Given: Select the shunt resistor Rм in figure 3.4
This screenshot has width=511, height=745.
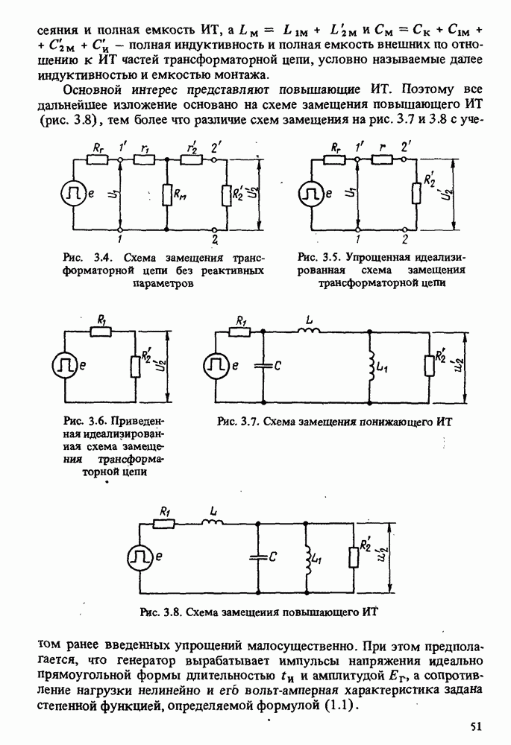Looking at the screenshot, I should [x=167, y=197].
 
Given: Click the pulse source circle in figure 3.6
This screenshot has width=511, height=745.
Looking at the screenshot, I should [x=64, y=366].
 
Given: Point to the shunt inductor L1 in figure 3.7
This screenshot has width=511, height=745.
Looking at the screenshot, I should [x=370, y=366].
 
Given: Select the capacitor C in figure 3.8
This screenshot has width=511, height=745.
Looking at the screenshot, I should [x=258, y=557].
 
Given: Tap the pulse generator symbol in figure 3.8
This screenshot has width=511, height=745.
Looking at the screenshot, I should [x=140, y=557].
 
